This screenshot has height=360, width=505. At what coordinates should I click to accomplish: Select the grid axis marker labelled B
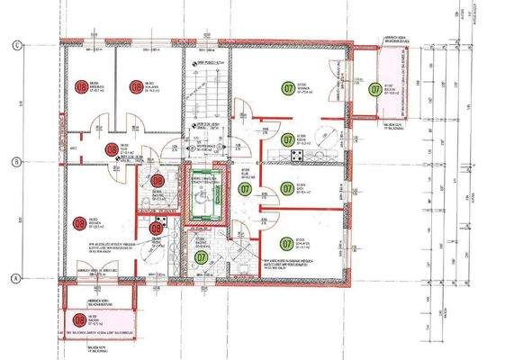click(15, 163)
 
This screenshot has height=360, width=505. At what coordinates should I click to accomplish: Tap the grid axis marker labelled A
click(15, 278)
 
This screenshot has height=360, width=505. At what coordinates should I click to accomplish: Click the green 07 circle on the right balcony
click(374, 88)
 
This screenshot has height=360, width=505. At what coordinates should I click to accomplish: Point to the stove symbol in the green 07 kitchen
click(297, 157)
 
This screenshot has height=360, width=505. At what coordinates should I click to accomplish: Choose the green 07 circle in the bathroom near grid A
click(201, 256)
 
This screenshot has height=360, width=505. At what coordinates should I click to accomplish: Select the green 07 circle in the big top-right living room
click(289, 89)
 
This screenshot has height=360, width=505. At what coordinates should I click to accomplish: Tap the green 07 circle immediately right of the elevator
click(245, 189)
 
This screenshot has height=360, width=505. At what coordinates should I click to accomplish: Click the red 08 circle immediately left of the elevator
click(159, 180)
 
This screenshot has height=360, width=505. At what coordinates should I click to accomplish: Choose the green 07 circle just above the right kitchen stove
click(287, 139)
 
